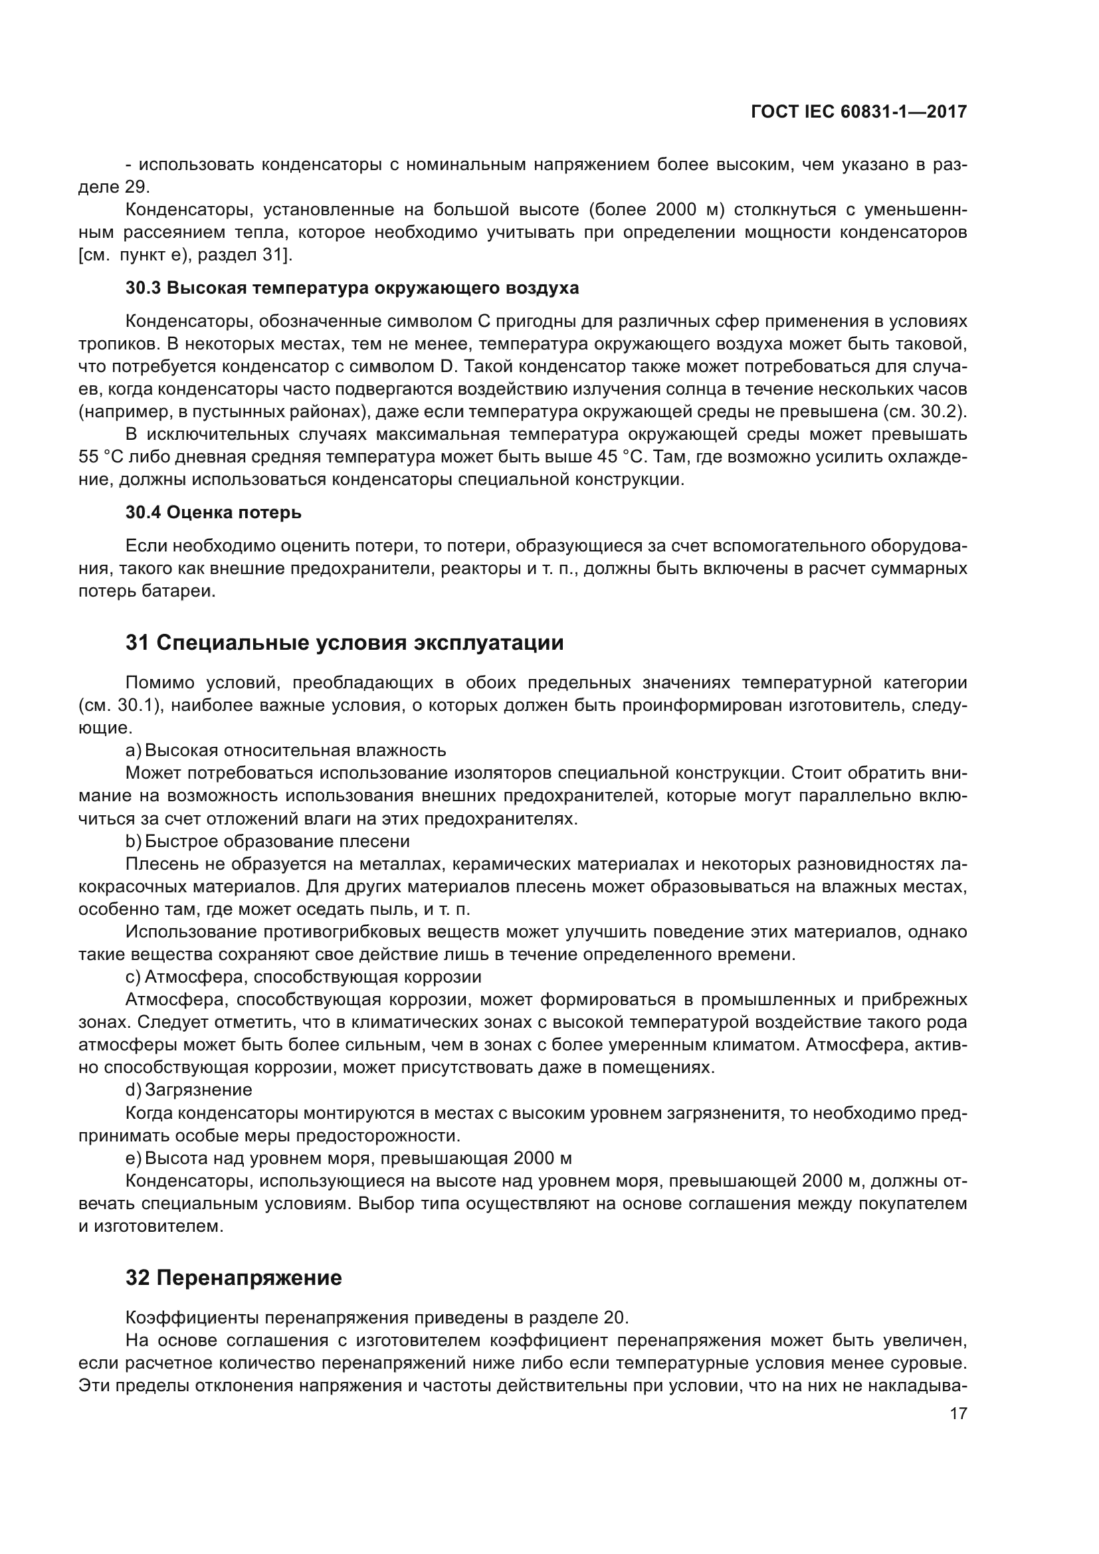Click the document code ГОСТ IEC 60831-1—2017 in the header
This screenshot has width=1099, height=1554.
pyautogui.click(x=858, y=112)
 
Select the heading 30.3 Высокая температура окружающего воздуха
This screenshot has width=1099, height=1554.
pyautogui.click(x=352, y=288)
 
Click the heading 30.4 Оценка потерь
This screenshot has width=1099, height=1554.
pyautogui.click(x=213, y=513)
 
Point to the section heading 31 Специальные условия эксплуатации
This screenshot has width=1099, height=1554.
pyautogui.click(x=344, y=642)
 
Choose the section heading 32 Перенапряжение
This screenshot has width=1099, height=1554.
pyautogui.click(x=233, y=1278)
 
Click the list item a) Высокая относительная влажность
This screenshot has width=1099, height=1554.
pyautogui.click(x=286, y=750)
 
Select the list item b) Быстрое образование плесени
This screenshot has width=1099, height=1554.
pyautogui.click(x=267, y=841)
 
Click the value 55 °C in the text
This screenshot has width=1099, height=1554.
pyautogui.click(x=100, y=457)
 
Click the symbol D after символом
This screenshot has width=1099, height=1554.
pyautogui.click(x=445, y=367)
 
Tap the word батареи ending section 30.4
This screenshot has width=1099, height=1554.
pyautogui.click(x=184, y=591)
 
